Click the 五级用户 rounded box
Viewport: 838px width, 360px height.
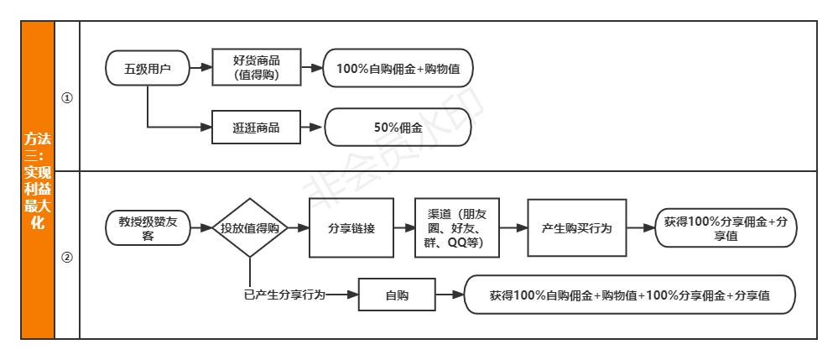click(x=148, y=68)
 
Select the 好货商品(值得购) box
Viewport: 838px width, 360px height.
click(x=256, y=68)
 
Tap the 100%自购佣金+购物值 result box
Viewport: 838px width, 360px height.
click(x=398, y=68)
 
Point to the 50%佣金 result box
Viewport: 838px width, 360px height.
click(x=398, y=128)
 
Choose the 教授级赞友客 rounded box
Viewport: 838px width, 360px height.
click(x=148, y=227)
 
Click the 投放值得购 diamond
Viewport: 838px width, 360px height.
click(x=249, y=227)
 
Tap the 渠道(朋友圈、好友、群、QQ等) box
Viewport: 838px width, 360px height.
click(x=456, y=227)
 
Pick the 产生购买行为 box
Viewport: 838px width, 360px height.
click(x=576, y=227)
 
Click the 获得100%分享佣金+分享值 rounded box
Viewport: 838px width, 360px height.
click(x=725, y=227)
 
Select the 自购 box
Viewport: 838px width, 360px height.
click(x=397, y=295)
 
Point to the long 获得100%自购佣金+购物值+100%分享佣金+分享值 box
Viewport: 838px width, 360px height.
click(x=629, y=295)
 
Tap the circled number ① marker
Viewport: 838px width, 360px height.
click(x=67, y=97)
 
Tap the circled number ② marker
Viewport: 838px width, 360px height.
click(x=67, y=257)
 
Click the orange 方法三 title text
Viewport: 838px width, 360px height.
click(x=38, y=181)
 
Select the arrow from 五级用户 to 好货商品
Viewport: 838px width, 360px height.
click(x=200, y=68)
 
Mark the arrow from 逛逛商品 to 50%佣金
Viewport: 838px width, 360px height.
click(x=310, y=128)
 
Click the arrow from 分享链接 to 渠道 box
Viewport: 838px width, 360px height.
click(x=404, y=227)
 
